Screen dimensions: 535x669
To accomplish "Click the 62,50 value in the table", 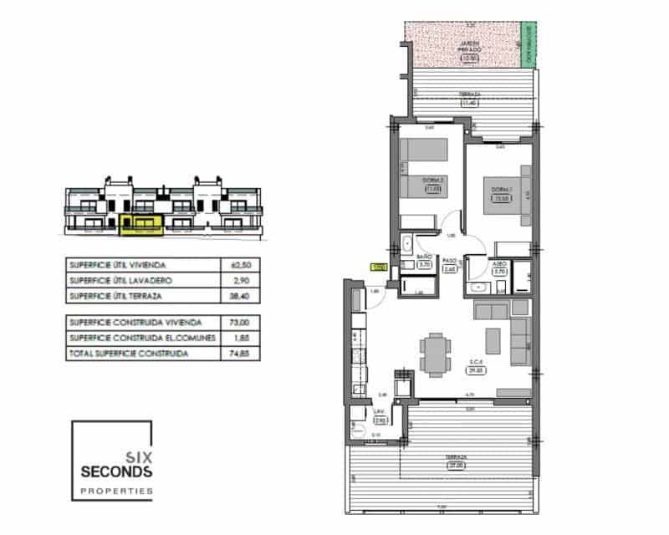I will tap(241, 265).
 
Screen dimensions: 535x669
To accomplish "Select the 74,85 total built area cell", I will tap(241, 354).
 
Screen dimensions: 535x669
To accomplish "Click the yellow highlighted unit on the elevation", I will tap(138, 222).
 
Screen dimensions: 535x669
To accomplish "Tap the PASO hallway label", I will tap(448, 260).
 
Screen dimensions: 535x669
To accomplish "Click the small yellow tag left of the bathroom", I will tap(377, 267).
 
